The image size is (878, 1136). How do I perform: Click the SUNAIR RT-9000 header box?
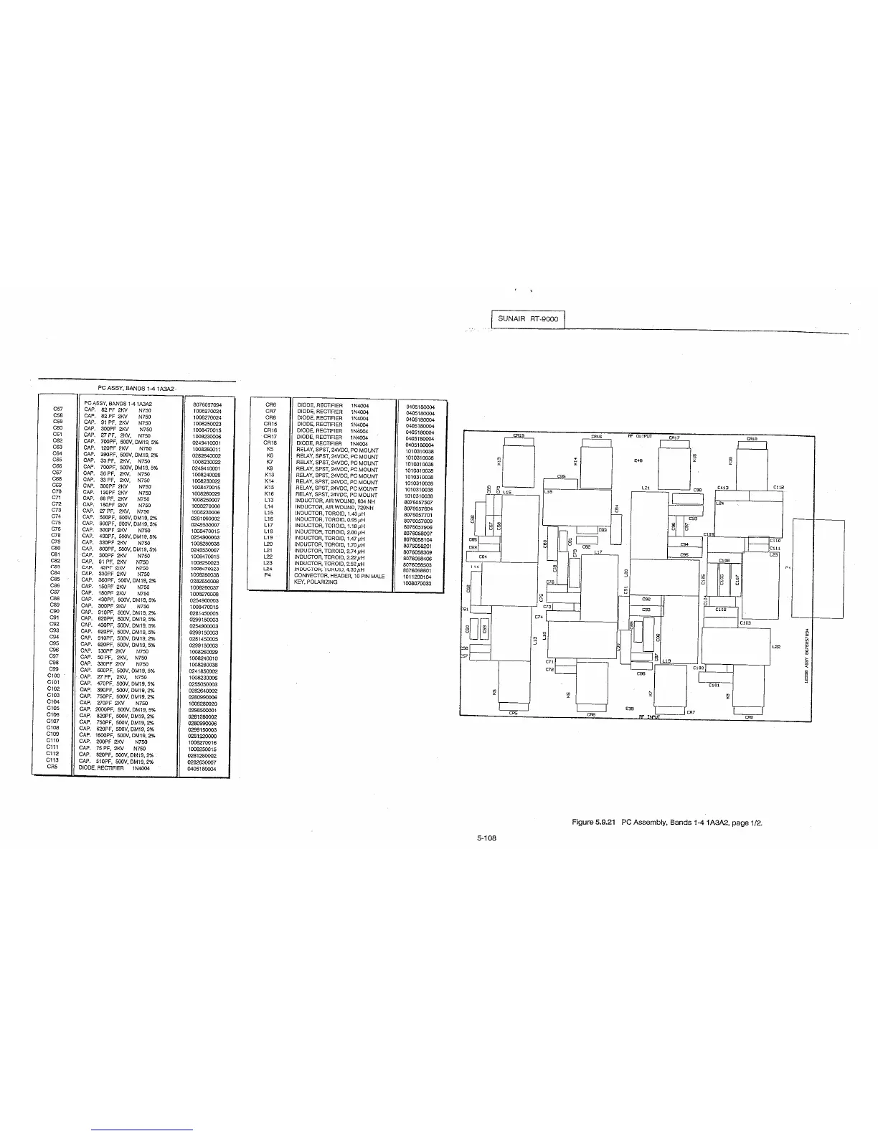[528, 318]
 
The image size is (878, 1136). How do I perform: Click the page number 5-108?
[488, 836]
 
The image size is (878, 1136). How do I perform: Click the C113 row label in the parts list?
[52, 760]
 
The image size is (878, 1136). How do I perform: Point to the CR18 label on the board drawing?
[752, 438]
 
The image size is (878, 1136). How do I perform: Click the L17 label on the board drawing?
[598, 553]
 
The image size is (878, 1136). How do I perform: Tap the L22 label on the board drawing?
[776, 646]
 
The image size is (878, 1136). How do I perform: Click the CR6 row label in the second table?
[270, 406]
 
